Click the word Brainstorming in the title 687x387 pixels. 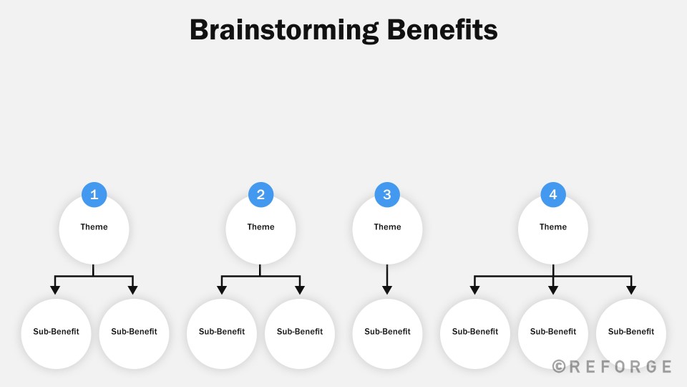coord(284,31)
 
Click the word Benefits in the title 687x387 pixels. coord(442,30)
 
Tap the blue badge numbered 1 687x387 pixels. coord(94,194)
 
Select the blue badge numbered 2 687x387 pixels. coord(260,194)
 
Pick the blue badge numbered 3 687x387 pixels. coord(387,194)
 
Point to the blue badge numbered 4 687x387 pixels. coord(553,194)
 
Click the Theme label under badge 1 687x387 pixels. coord(94,227)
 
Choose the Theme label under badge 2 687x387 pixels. coord(260,227)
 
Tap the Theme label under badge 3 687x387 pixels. coord(387,227)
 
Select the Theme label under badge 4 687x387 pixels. coord(553,227)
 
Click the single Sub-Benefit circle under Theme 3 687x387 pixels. coord(387,334)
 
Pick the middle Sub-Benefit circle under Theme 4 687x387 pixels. coord(553,334)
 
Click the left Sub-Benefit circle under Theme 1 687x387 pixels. coord(56,334)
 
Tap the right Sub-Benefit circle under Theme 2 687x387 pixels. coord(300,334)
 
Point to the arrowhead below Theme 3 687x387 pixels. coord(387,290)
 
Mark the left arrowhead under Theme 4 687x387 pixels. coord(474,290)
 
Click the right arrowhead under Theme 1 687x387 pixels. coord(133,290)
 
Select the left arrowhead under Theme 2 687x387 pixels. coord(222,290)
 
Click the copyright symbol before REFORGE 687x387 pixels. coord(559,366)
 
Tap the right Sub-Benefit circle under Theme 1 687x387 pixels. coord(134,334)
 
